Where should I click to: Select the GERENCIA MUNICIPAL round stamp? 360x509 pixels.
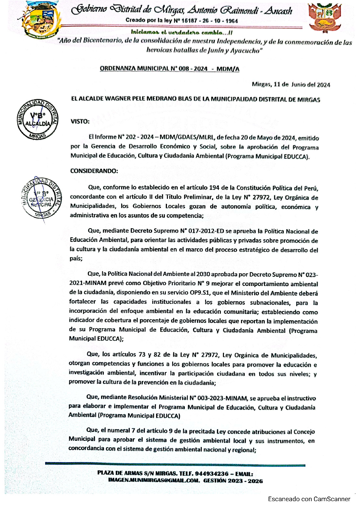41,198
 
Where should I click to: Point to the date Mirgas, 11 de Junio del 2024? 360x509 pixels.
291,85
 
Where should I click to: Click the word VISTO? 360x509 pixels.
80,122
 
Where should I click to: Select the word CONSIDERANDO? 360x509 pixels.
94,171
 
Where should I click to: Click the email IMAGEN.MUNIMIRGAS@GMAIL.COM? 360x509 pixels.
154,481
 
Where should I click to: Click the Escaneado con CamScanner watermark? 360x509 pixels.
309,499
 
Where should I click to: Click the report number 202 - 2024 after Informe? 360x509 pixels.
140,137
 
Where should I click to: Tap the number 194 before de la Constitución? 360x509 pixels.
214,188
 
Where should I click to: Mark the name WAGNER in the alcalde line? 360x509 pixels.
117,99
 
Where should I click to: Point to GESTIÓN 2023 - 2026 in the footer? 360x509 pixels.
233,481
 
